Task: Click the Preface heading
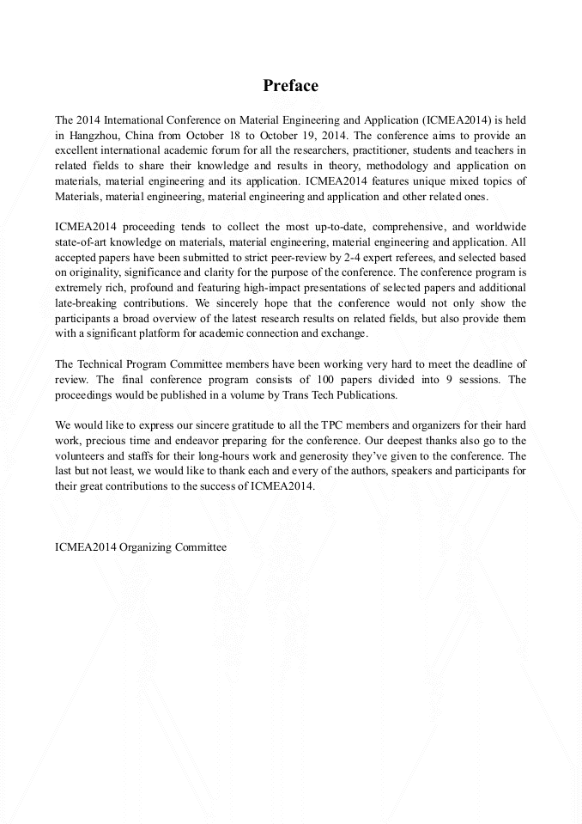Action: point(290,86)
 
